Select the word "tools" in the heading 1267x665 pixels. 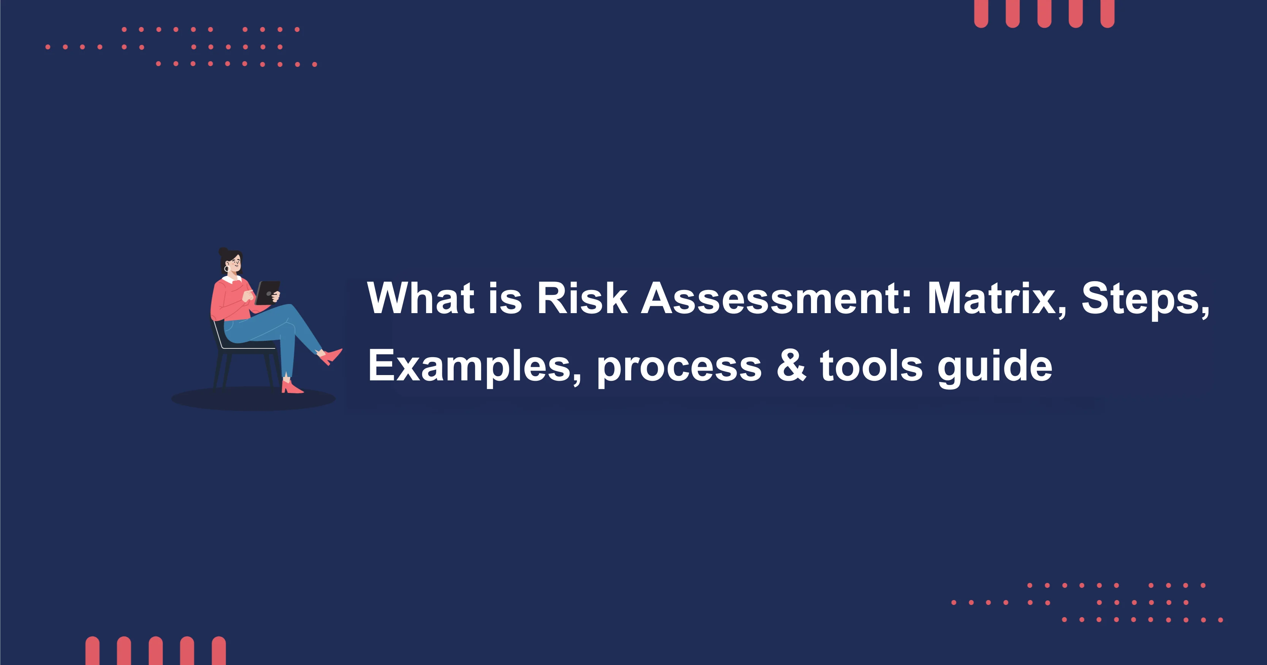[871, 366]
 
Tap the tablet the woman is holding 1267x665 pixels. [268, 292]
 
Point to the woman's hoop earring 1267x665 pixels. [227, 269]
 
